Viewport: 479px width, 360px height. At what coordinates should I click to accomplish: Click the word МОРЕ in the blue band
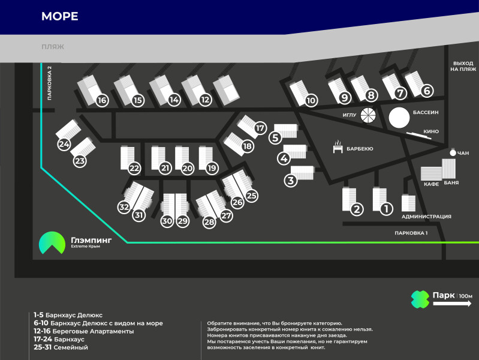pos(59,16)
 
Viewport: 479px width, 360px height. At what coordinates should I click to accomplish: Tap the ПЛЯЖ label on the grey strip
pos(53,46)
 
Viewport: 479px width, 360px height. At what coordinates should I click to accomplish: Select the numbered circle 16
pos(102,100)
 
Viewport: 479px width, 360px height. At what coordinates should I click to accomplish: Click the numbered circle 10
pos(311,101)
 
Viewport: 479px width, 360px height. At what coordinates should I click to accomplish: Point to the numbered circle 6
pos(427,91)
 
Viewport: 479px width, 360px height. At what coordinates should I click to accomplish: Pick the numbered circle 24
pos(64,145)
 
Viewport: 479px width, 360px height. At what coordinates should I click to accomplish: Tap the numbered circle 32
pos(124,207)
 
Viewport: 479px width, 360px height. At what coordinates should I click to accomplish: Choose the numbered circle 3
pos(291,180)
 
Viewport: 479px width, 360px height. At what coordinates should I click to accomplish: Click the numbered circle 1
pos(387,209)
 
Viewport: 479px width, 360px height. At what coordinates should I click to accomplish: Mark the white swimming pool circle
pos(399,117)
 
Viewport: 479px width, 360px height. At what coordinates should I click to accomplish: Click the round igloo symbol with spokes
pos(368,116)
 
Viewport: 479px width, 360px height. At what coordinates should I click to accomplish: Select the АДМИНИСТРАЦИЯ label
pos(426,217)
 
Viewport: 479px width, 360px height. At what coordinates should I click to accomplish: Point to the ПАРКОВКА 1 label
pos(411,233)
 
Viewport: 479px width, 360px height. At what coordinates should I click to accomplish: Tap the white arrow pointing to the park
pos(453,304)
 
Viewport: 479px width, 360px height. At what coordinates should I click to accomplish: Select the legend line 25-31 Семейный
pos(61,347)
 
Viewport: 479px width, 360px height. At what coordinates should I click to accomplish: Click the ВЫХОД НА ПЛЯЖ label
pos(463,66)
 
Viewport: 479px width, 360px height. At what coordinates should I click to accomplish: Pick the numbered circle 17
pos(260,128)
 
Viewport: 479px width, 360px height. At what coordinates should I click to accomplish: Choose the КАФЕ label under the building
pos(432,184)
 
